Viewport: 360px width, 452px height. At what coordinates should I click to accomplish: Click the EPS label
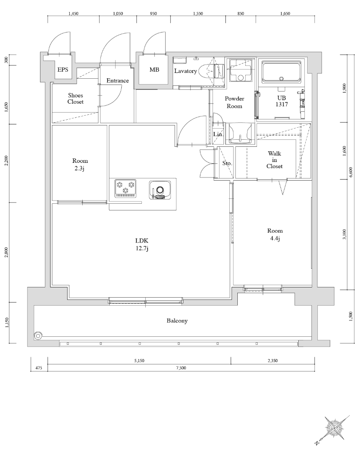tap(62, 70)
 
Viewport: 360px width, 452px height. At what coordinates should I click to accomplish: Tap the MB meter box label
tap(154, 70)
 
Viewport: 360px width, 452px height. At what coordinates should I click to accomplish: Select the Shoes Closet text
tap(76, 98)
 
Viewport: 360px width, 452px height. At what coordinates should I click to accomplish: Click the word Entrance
tap(117, 81)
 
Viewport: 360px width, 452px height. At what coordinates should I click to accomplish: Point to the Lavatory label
tap(185, 71)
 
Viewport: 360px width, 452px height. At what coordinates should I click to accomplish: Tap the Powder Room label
tap(234, 102)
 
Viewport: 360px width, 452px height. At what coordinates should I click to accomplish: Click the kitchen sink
tap(160, 189)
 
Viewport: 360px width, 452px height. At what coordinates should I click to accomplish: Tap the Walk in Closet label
tap(274, 160)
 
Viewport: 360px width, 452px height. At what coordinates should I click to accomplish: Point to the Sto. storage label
tap(227, 163)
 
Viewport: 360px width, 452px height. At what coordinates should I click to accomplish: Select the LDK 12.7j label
tap(141, 244)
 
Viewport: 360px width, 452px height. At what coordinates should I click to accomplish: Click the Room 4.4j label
tap(275, 234)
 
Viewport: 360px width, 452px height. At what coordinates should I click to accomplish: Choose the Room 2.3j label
tap(80, 164)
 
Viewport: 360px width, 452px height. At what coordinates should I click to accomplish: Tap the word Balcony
tap(177, 320)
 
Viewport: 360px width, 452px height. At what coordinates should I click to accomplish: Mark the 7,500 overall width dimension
tap(180, 367)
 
